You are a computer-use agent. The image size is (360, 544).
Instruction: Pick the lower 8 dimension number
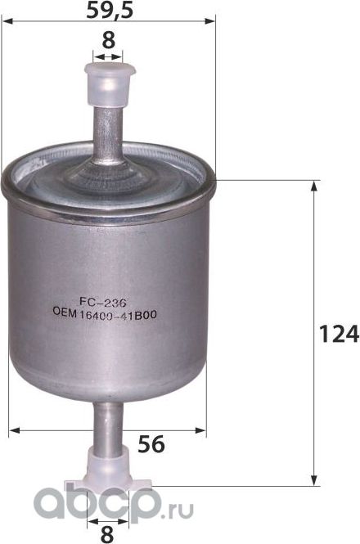point(106,533)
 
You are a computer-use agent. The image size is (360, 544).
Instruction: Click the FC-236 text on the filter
point(108,301)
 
